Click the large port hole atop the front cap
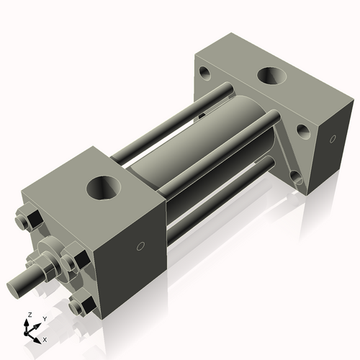pyautogui.click(x=105, y=189)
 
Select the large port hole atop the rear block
pyautogui.click(x=273, y=76)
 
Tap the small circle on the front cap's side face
pyautogui.click(x=141, y=247)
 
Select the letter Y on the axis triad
pyautogui.click(x=44, y=319)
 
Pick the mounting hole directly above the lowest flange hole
pyautogui.click(x=303, y=130)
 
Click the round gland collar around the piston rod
pyautogui.click(x=50, y=256)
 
